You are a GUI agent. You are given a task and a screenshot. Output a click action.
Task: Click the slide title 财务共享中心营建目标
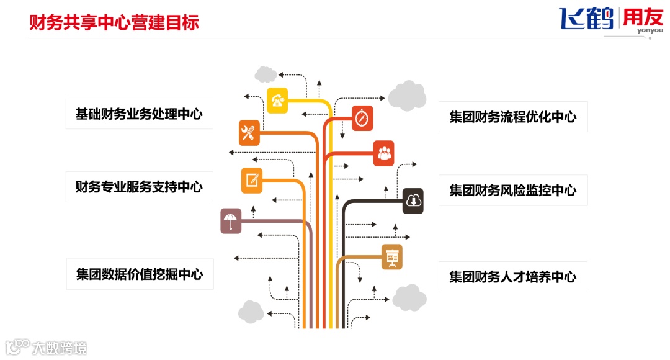tap(115, 23)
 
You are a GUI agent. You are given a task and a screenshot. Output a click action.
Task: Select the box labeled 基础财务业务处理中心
tap(139, 114)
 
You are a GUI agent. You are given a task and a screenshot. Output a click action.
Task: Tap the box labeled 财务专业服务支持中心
tap(139, 187)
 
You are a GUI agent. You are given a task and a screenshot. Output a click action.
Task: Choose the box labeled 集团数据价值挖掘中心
tap(140, 274)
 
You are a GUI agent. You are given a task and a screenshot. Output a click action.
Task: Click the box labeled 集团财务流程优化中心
tap(512, 117)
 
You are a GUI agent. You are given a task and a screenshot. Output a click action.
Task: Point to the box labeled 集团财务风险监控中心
tap(512, 190)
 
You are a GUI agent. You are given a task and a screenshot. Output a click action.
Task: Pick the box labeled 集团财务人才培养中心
tap(512, 277)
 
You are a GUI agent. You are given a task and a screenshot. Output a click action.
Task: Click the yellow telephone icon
tap(278, 100)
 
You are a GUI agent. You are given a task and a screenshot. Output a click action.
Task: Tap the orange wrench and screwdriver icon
tap(249, 133)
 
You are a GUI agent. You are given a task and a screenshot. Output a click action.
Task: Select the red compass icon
tap(362, 119)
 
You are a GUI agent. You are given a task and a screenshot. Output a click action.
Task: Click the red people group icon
tap(384, 153)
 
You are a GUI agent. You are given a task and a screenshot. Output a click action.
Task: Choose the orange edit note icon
tap(252, 180)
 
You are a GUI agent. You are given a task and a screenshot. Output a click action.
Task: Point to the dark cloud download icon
tap(413, 200)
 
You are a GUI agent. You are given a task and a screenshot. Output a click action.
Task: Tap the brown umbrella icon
tap(231, 221)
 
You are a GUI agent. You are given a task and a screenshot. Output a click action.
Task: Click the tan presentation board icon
tap(391, 256)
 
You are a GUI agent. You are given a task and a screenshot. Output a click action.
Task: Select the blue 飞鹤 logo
tap(586, 19)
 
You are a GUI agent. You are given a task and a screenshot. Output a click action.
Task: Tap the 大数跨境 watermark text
tap(60, 348)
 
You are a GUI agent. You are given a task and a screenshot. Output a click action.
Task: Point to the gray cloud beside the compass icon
tap(408, 95)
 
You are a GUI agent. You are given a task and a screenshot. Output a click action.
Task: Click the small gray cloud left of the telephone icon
tap(266, 74)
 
